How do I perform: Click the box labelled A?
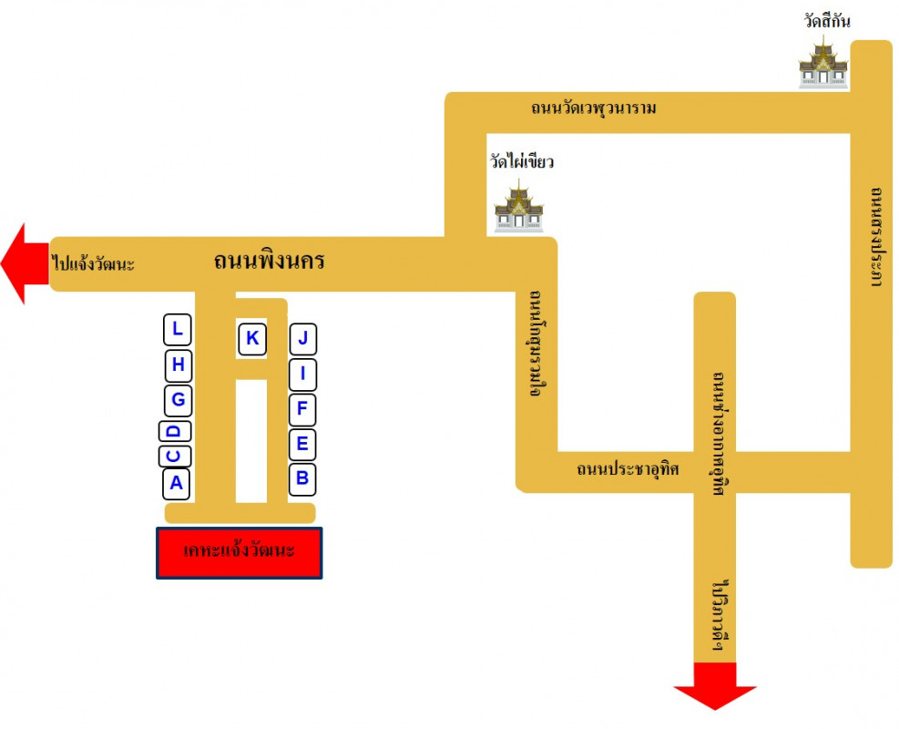[177, 483]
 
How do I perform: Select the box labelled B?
[302, 477]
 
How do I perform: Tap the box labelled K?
[252, 339]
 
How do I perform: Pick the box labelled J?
[303, 340]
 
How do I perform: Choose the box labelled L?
[178, 329]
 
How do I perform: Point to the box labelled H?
[178, 365]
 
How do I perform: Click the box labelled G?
[178, 399]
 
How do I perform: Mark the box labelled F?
[302, 409]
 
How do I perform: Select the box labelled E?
[302, 445]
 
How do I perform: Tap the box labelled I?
[302, 374]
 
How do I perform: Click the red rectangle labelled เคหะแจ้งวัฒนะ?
[239, 552]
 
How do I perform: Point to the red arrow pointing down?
[715, 685]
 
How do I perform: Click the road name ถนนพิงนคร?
[270, 262]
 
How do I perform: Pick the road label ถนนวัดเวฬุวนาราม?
[594, 108]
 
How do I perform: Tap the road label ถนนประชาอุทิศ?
[628, 470]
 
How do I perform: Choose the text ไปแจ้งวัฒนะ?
[94, 264]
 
